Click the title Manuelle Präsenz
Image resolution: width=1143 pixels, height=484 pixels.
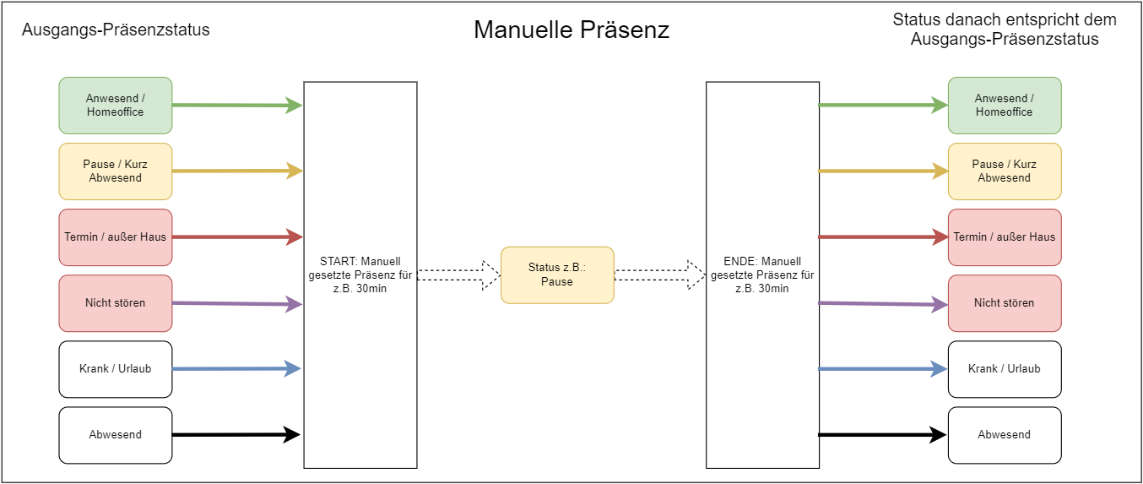point(571,30)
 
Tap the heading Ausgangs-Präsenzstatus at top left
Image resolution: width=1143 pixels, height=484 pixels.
point(116,30)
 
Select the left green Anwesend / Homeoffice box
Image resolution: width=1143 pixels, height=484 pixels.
point(116,106)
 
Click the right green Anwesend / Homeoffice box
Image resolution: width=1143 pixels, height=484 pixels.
point(1005,106)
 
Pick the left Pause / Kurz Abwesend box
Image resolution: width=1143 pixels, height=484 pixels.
point(116,171)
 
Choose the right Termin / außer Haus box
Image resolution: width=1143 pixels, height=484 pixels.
point(1005,237)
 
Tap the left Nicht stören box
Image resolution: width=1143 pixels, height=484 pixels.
point(116,302)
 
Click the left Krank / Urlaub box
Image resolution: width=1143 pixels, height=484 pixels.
point(116,368)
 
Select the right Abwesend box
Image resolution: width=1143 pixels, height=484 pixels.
point(1005,434)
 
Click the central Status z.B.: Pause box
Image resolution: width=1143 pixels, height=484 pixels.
point(557,275)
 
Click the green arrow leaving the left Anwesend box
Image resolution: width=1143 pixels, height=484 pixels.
point(238,106)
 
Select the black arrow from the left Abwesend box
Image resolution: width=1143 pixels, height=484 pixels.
point(236,434)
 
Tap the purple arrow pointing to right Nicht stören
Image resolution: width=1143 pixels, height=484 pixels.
point(883,304)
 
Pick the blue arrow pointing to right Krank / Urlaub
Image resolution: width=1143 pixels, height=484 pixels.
point(883,368)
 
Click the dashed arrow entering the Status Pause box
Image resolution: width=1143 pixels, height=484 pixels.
point(458,275)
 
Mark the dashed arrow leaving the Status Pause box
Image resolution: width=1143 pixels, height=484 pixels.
point(660,275)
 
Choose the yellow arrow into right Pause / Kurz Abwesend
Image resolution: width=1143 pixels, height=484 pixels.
point(883,171)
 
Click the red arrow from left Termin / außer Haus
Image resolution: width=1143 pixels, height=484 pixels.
point(238,237)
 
